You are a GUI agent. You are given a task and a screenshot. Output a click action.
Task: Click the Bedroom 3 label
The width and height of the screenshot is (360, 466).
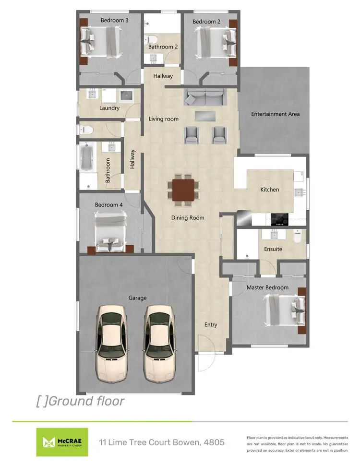(114, 21)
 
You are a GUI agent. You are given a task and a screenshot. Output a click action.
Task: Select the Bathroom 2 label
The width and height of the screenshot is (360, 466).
(163, 47)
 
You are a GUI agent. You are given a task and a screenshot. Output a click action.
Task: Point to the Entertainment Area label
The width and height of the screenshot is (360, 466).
(276, 114)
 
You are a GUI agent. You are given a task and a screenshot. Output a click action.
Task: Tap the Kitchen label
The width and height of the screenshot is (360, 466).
(270, 190)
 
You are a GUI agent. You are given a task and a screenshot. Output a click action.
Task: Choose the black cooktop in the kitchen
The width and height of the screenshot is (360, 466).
(279, 219)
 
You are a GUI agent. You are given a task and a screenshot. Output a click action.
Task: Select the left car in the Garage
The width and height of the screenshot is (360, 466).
(114, 342)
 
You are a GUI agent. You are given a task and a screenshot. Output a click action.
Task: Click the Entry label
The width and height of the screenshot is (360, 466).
(211, 325)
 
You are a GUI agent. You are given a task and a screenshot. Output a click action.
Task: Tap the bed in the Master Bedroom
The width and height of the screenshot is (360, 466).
(284, 310)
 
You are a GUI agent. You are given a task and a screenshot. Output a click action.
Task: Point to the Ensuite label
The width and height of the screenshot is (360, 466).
(273, 249)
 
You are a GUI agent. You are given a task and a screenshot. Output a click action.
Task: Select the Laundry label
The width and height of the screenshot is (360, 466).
(109, 108)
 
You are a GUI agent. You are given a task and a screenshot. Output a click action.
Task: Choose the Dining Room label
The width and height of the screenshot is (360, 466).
(188, 218)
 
